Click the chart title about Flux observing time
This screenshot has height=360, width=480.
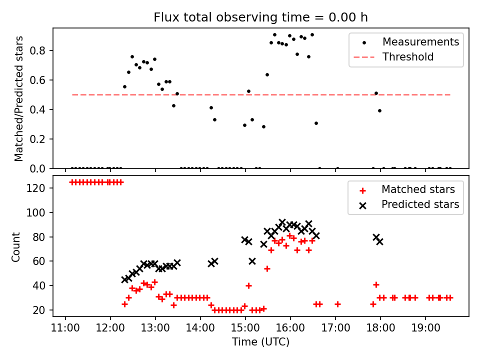[x=260, y=17]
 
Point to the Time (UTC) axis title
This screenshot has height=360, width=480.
[x=260, y=342]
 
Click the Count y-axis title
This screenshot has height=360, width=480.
[x=16, y=246]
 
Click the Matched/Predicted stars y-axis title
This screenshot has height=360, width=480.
[x=19, y=98]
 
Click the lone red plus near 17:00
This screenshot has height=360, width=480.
[x=337, y=304]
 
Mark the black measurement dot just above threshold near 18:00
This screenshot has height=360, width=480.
[x=376, y=93]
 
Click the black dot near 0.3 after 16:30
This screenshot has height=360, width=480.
[x=316, y=123]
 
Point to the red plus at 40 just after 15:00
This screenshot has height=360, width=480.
[x=248, y=285]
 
